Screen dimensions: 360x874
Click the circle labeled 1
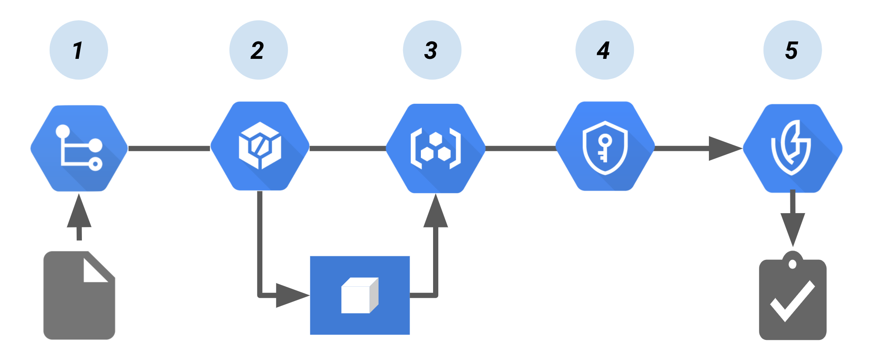(x=79, y=50)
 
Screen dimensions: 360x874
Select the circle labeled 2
(x=258, y=50)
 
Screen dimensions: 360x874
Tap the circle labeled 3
(x=432, y=50)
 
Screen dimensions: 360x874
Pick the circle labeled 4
(x=604, y=50)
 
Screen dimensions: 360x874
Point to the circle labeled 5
(x=793, y=50)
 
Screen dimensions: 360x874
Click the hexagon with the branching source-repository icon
(x=79, y=148)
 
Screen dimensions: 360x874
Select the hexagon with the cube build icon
(x=260, y=146)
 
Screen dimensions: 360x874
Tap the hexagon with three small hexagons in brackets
(x=436, y=148)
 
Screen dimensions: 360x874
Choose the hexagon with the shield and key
(x=605, y=146)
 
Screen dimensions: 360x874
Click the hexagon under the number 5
(x=793, y=148)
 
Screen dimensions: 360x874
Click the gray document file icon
(x=79, y=301)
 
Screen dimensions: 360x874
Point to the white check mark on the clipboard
(x=793, y=301)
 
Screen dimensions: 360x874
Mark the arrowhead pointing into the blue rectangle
(x=291, y=295)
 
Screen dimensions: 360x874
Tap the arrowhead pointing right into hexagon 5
(x=724, y=148)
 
